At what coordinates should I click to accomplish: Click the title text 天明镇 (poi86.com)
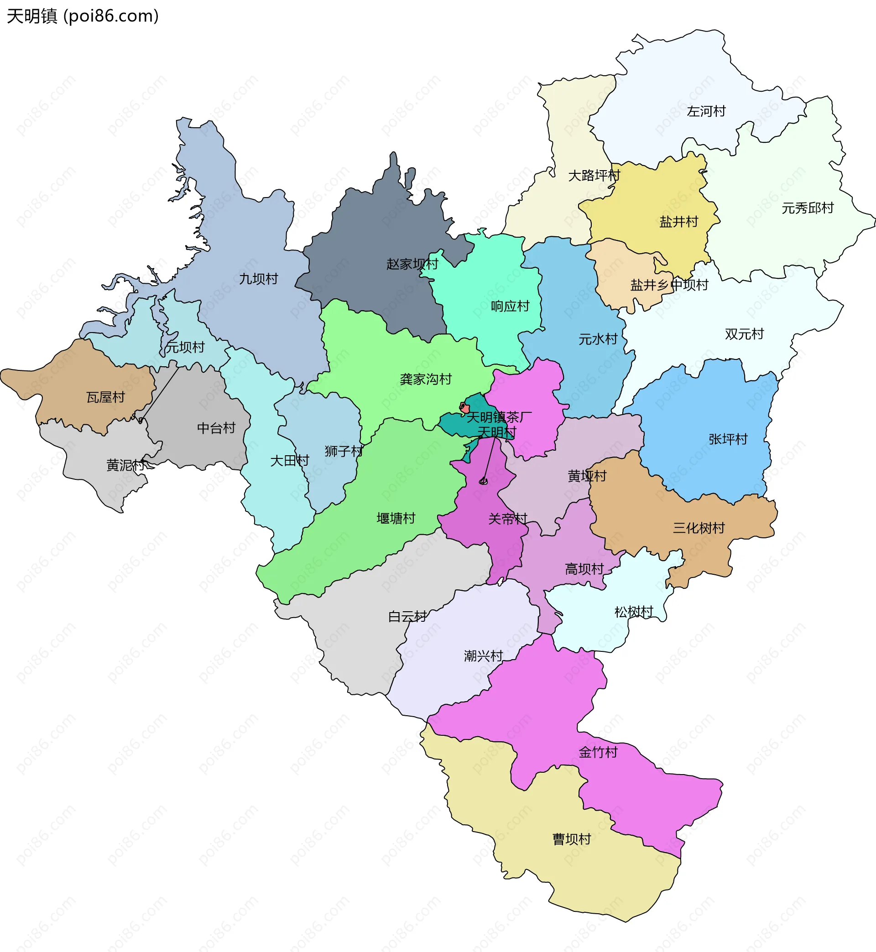(83, 16)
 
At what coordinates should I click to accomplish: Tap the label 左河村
(706, 111)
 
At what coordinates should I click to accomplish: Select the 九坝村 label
(258, 279)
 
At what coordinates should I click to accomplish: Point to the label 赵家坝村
(412, 264)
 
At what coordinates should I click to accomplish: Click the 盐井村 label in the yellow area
(679, 221)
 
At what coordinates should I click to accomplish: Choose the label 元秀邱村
(807, 208)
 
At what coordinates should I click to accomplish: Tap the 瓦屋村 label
(106, 397)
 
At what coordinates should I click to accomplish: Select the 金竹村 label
(598, 752)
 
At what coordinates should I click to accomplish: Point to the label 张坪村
(728, 439)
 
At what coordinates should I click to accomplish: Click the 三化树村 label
(699, 528)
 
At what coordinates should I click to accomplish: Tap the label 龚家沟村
(426, 379)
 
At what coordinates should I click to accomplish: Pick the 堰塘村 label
(396, 518)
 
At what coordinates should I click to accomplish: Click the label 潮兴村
(483, 656)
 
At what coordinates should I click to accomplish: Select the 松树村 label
(634, 612)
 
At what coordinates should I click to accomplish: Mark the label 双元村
(744, 334)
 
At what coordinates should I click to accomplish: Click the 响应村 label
(510, 306)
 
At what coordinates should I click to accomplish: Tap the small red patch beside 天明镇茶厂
(464, 407)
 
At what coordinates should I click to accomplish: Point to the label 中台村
(216, 428)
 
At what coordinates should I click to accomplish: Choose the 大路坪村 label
(594, 175)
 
